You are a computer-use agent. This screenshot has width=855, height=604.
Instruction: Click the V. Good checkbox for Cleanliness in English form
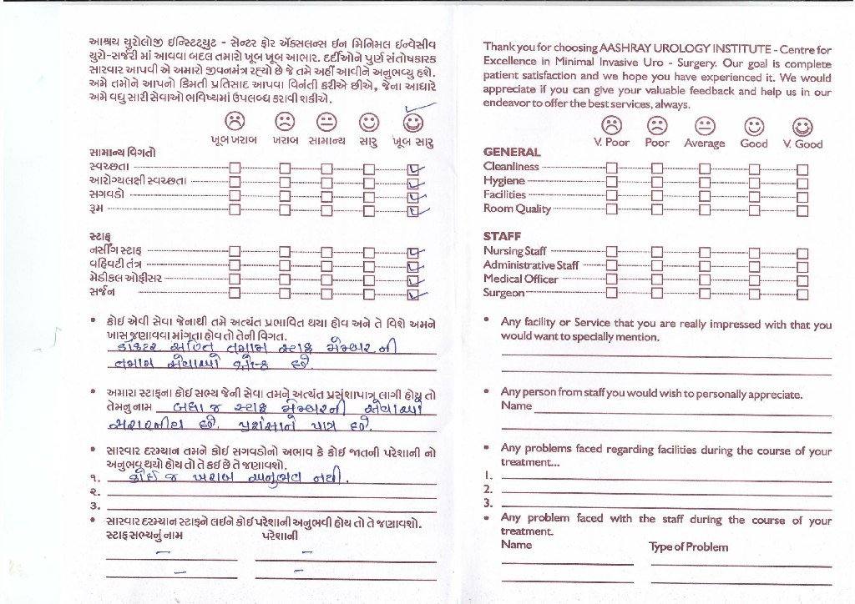(x=802, y=168)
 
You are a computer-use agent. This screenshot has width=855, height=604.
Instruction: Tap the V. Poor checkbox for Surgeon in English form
(x=612, y=294)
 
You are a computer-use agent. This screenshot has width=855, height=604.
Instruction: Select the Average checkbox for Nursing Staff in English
(x=705, y=251)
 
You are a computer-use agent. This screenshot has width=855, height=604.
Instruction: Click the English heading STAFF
(x=502, y=236)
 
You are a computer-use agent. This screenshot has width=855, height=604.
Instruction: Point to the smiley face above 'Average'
(x=706, y=125)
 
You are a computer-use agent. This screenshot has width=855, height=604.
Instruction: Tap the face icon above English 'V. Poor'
(x=612, y=125)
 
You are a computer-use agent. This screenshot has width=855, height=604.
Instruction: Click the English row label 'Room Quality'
(x=517, y=209)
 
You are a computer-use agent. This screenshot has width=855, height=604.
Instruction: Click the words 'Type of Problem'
(x=688, y=547)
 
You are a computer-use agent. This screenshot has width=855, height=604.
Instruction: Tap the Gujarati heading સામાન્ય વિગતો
(x=122, y=153)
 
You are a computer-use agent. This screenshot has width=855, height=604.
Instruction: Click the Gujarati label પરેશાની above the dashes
(x=280, y=536)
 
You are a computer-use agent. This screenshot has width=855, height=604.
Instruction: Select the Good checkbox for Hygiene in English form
(x=755, y=181)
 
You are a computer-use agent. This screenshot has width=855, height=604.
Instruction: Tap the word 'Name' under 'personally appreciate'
(x=516, y=405)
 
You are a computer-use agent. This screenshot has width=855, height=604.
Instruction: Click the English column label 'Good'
(x=754, y=143)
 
